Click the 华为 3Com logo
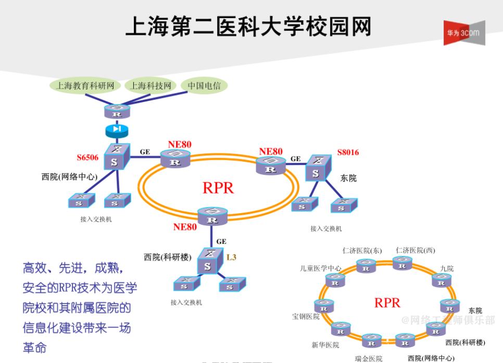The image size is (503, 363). tap(464, 33)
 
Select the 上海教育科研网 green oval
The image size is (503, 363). tap(85, 86)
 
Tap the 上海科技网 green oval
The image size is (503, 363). tap(151, 86)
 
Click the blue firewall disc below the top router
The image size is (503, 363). tap(116, 129)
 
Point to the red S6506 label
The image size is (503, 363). tap(87, 158)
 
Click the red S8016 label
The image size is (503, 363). tap(348, 152)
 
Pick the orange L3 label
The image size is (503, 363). tap(232, 257)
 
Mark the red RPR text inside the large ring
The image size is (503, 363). tap(218, 188)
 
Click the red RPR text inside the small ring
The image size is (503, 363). tap(387, 303)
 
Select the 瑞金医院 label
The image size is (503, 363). tap(369, 358)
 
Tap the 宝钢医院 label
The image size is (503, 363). tap(306, 316)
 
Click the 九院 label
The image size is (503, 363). tap(447, 268)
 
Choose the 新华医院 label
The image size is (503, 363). tap(325, 345)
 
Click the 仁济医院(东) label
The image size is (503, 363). tap(362, 251)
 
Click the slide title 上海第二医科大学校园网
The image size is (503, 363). tap(248, 26)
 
